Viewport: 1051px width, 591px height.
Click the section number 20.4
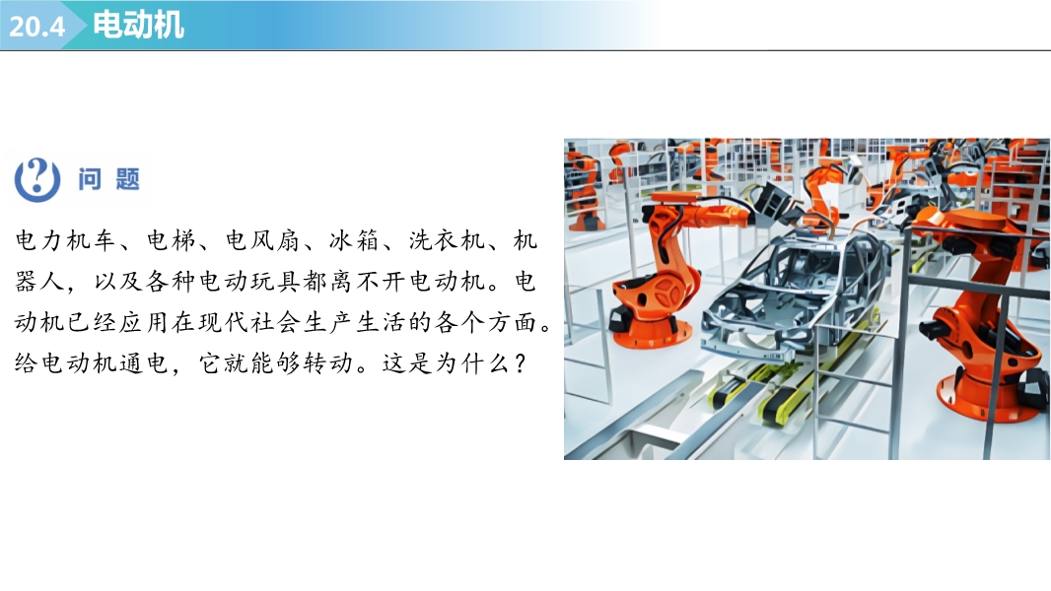[x=36, y=27]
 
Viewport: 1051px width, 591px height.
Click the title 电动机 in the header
[x=138, y=25]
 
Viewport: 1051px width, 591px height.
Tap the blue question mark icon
[x=37, y=179]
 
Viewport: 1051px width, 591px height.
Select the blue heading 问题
[x=108, y=179]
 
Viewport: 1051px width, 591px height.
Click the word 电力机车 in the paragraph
[x=65, y=239]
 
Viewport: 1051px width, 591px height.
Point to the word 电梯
[x=171, y=239]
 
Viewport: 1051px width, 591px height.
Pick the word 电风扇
[x=262, y=239]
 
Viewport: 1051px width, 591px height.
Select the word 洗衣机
[x=447, y=239]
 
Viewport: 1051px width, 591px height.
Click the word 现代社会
[x=249, y=322]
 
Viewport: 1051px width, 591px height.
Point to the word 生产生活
[x=354, y=322]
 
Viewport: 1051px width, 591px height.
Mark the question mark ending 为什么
[x=521, y=363]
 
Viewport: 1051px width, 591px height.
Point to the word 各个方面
[x=485, y=322]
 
